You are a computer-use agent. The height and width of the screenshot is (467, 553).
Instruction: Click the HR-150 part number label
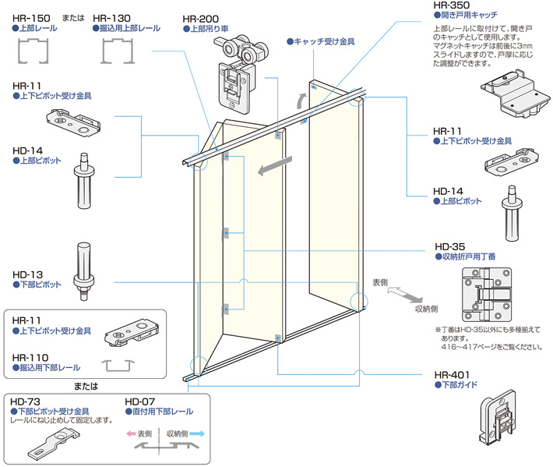[x=30, y=16]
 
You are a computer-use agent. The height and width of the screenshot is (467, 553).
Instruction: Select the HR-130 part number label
[x=111, y=16]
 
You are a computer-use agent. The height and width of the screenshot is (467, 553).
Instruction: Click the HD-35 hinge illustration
[x=487, y=296]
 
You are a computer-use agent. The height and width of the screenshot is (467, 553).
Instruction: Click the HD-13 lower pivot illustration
[x=83, y=269]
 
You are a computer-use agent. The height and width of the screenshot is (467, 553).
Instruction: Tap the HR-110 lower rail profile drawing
[x=120, y=365]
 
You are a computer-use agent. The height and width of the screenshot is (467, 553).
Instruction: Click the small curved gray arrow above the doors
[x=300, y=100]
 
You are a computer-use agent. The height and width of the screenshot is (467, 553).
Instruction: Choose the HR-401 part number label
[x=452, y=373]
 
